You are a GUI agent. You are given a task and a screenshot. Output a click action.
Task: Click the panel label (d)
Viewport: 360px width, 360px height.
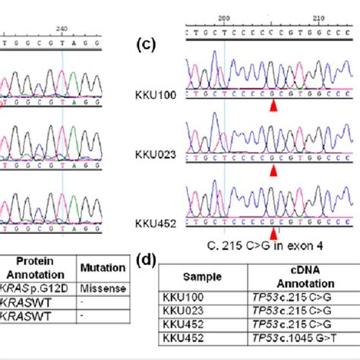147,261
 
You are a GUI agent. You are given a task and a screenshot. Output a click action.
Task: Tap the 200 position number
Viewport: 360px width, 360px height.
223,17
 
